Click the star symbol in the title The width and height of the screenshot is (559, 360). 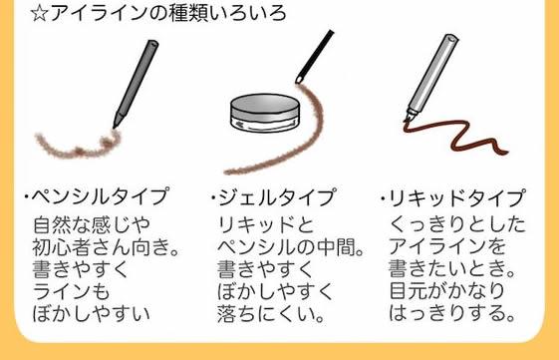coord(39,14)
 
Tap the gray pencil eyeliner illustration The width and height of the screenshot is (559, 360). coord(136,84)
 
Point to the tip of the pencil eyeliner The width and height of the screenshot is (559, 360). coord(114,127)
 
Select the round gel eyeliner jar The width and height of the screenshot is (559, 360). coord(265,113)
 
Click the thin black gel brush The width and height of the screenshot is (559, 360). coord(315,56)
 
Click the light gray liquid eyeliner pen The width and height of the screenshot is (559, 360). coord(432,76)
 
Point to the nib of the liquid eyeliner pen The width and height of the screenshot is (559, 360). coord(407,121)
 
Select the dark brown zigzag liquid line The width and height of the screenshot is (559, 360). coord(456,137)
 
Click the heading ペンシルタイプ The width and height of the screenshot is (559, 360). coord(100,196)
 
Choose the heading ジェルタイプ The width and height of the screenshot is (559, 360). coord(277,197)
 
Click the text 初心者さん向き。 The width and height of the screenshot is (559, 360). coord(107,247)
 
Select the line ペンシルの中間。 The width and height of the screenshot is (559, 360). coord(291,247)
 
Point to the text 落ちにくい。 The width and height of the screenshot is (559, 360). coord(271,313)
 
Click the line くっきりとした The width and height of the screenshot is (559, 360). coord(457,224)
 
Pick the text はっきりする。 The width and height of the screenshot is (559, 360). coord(452,313)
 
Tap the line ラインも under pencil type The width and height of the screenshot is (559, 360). coord(71,291)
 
